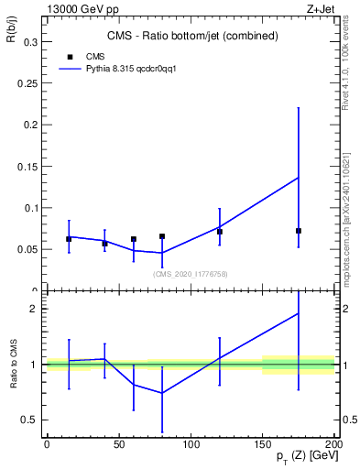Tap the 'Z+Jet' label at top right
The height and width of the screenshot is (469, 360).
(x=322, y=8)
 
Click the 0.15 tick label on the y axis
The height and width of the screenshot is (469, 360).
(x=25, y=166)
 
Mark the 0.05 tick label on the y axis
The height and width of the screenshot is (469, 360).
(x=25, y=249)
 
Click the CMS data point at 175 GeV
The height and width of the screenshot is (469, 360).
(x=299, y=231)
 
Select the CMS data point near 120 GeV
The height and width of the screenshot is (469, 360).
(x=219, y=232)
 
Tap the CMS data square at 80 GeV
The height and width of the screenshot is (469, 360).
(x=161, y=236)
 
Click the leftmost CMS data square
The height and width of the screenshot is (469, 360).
(x=69, y=239)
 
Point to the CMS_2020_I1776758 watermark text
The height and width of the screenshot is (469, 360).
(x=191, y=274)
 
